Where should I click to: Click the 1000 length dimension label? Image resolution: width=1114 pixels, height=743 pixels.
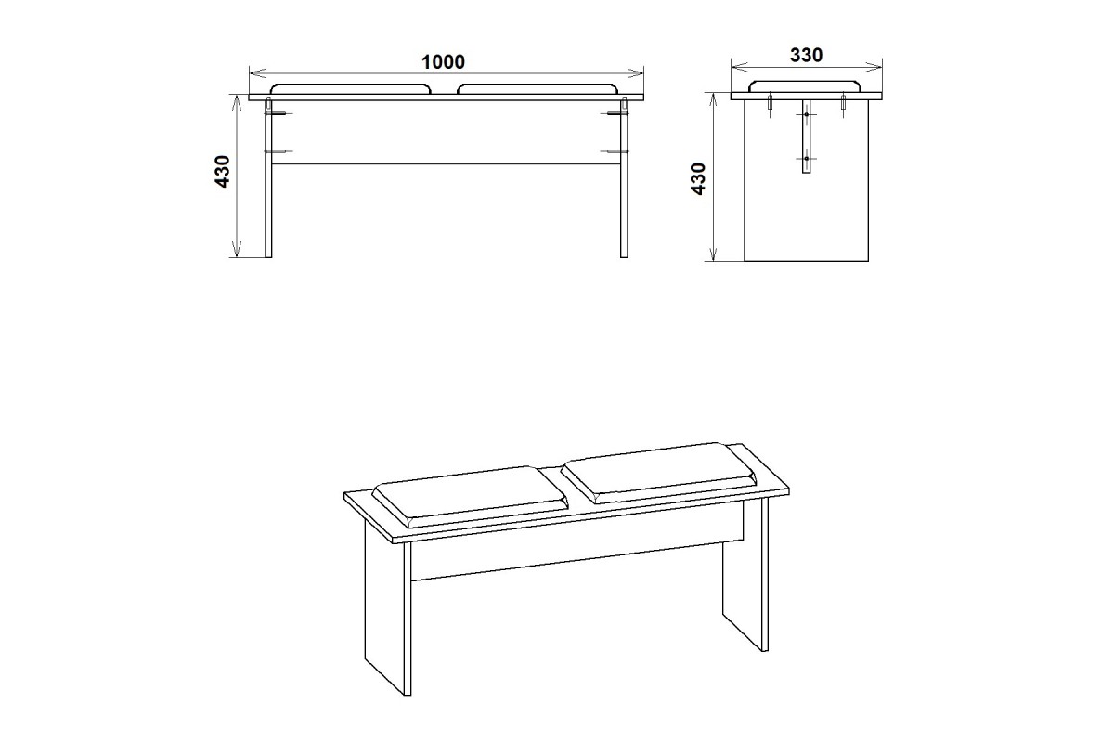(443, 62)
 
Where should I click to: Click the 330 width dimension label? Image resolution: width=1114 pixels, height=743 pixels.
(806, 55)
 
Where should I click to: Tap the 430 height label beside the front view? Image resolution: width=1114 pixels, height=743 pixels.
(223, 172)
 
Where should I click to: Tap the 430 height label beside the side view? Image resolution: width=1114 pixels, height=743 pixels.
(698, 178)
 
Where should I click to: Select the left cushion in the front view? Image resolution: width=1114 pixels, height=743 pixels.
(351, 89)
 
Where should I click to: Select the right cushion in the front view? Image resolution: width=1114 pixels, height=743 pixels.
(538, 89)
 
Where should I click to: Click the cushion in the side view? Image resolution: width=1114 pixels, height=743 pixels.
(806, 86)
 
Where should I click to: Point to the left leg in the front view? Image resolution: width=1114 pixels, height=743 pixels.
(268, 179)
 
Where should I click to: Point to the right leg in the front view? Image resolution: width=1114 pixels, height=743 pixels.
(624, 179)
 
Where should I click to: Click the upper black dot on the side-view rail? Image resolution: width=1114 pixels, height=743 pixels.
(806, 115)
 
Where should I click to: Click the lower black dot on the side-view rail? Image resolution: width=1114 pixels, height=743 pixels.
(806, 159)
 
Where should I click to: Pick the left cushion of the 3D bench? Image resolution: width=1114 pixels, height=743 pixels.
(470, 496)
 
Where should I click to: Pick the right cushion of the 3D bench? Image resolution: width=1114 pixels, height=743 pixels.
(660, 473)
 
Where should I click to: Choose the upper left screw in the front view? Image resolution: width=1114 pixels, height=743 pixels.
(278, 114)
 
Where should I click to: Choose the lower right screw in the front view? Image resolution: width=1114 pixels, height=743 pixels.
(615, 151)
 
